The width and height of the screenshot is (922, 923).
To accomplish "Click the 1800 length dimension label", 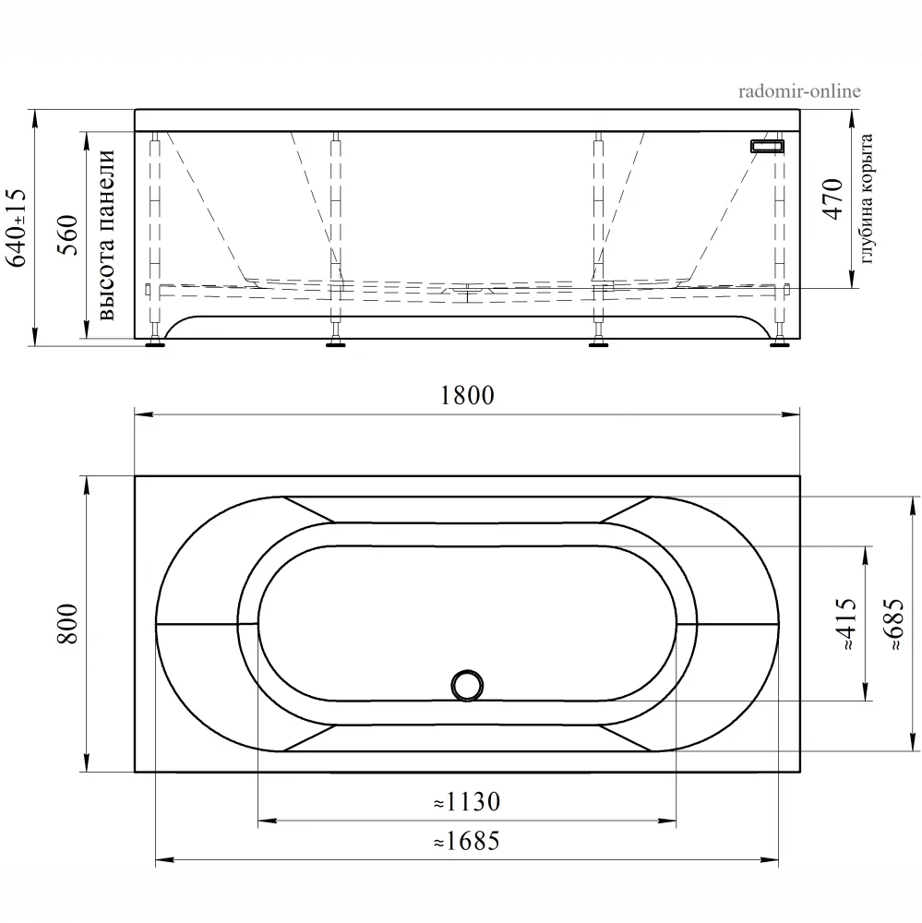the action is (x=467, y=395).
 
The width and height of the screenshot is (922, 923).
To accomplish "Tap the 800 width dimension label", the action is (x=67, y=624).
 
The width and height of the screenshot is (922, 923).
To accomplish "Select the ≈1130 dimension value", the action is (x=467, y=802).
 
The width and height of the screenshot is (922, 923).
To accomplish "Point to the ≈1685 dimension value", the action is (x=467, y=841).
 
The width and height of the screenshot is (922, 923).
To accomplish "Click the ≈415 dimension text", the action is (x=845, y=624).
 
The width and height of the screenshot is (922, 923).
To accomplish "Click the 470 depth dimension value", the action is (x=832, y=199).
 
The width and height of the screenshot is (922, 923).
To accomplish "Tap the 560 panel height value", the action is (x=67, y=234).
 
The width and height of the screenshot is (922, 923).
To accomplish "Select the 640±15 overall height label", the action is (x=16, y=228).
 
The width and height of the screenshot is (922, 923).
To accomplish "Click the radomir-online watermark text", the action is (x=799, y=91).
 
